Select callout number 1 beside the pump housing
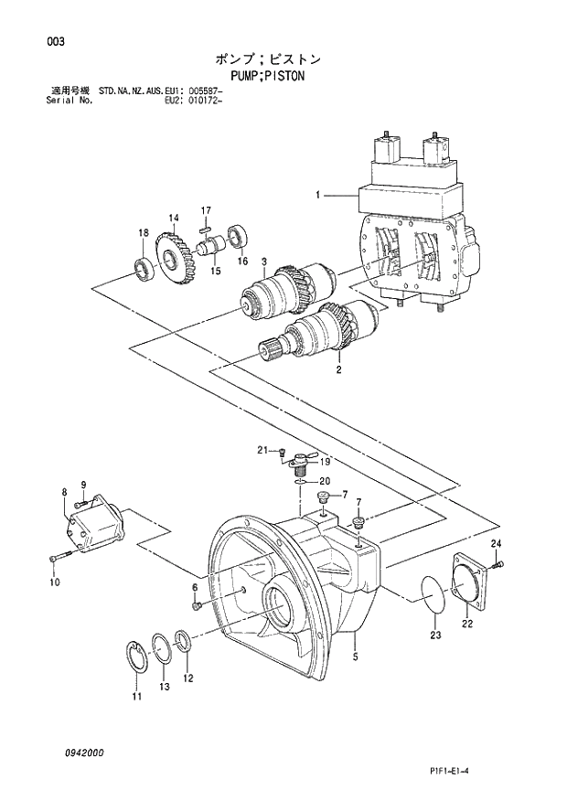tap(318, 195)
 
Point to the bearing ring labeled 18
tap(143, 267)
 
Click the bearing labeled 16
tap(240, 236)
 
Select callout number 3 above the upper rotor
tap(263, 262)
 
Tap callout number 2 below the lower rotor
tap(338, 371)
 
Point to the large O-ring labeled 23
tap(433, 594)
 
